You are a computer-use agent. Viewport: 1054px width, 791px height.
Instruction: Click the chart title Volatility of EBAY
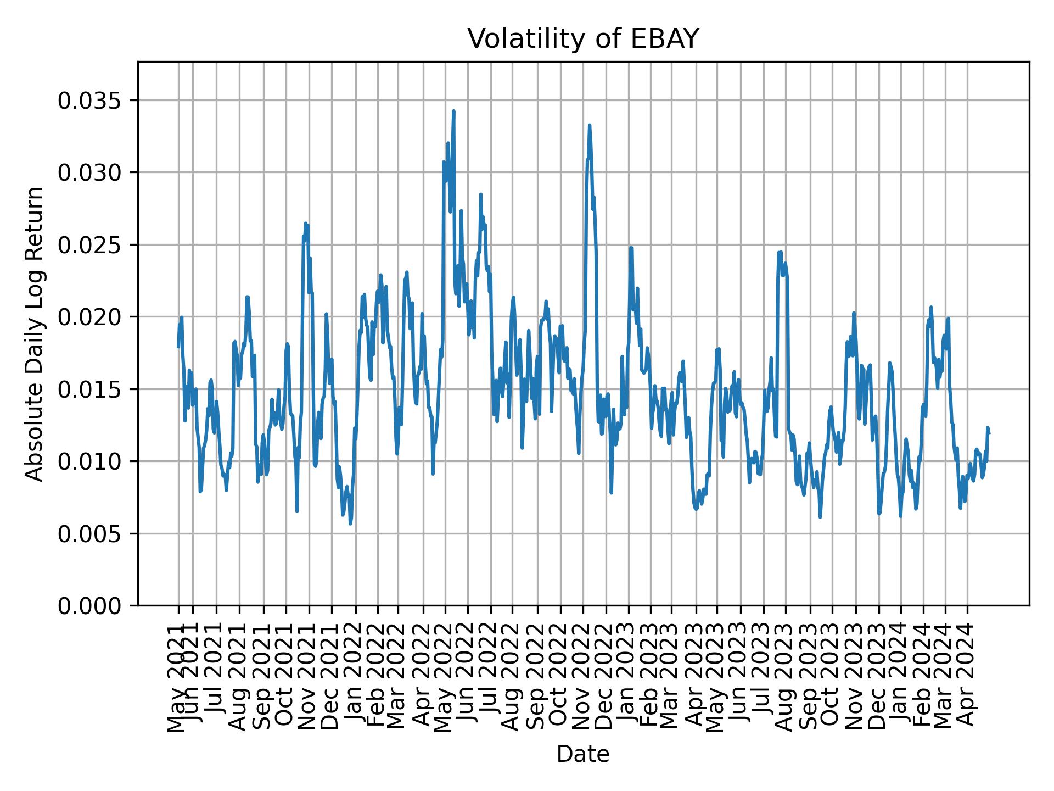tap(583, 39)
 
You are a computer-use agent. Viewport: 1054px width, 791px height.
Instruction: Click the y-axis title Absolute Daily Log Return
tap(35, 333)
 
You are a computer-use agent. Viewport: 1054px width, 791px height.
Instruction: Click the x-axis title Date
tap(583, 754)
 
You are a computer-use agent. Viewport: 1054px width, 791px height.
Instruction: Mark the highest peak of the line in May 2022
tap(453, 111)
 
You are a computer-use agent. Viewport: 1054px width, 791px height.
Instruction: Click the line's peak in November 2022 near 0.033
tap(589, 125)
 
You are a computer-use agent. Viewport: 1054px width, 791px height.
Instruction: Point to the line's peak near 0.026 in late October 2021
tap(306, 223)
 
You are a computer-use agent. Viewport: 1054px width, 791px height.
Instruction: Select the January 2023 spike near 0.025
tap(631, 248)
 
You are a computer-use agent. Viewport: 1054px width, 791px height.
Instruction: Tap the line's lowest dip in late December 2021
tap(350, 523)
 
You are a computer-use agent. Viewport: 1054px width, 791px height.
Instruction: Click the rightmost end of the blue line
tap(989, 433)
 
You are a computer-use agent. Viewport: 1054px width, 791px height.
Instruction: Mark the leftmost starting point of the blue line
tap(178, 347)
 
